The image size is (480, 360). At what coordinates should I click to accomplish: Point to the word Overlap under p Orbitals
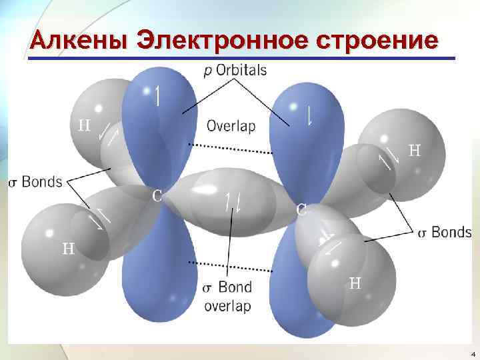pyautogui.click(x=231, y=125)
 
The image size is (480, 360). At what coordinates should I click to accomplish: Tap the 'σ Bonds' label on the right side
pyautogui.click(x=444, y=233)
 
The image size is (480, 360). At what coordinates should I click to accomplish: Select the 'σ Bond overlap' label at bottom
pyautogui.click(x=227, y=297)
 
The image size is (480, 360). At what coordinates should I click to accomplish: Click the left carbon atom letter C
pyautogui.click(x=157, y=195)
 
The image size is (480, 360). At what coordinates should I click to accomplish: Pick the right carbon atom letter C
pyautogui.click(x=301, y=209)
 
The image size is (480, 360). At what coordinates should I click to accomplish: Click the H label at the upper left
pyautogui.click(x=85, y=125)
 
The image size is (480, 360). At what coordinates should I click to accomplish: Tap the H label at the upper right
pyautogui.click(x=414, y=151)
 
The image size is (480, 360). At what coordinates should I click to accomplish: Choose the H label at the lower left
pyautogui.click(x=68, y=249)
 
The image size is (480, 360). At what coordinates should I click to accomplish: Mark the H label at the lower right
pyautogui.click(x=355, y=283)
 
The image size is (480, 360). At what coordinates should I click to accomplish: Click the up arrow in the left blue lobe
pyautogui.click(x=157, y=95)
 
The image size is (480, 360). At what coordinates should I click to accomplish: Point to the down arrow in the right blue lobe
pyautogui.click(x=310, y=115)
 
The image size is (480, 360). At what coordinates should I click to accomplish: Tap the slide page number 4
pyautogui.click(x=472, y=353)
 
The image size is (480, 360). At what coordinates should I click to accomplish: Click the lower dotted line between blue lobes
pyautogui.click(x=230, y=267)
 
